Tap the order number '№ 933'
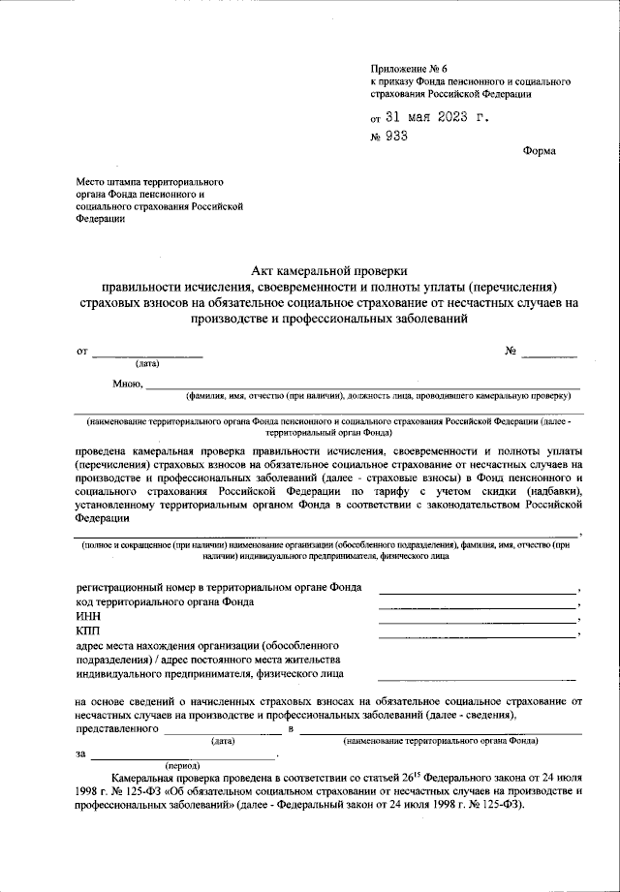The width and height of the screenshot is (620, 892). pyautogui.click(x=388, y=137)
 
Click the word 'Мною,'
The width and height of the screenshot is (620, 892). pyautogui.click(x=127, y=384)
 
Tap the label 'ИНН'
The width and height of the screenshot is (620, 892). pyautogui.click(x=87, y=616)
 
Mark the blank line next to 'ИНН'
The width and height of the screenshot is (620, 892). pyautogui.click(x=478, y=620)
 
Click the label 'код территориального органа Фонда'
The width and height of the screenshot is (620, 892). pyautogui.click(x=166, y=601)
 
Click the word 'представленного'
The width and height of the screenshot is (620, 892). pyautogui.click(x=117, y=727)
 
